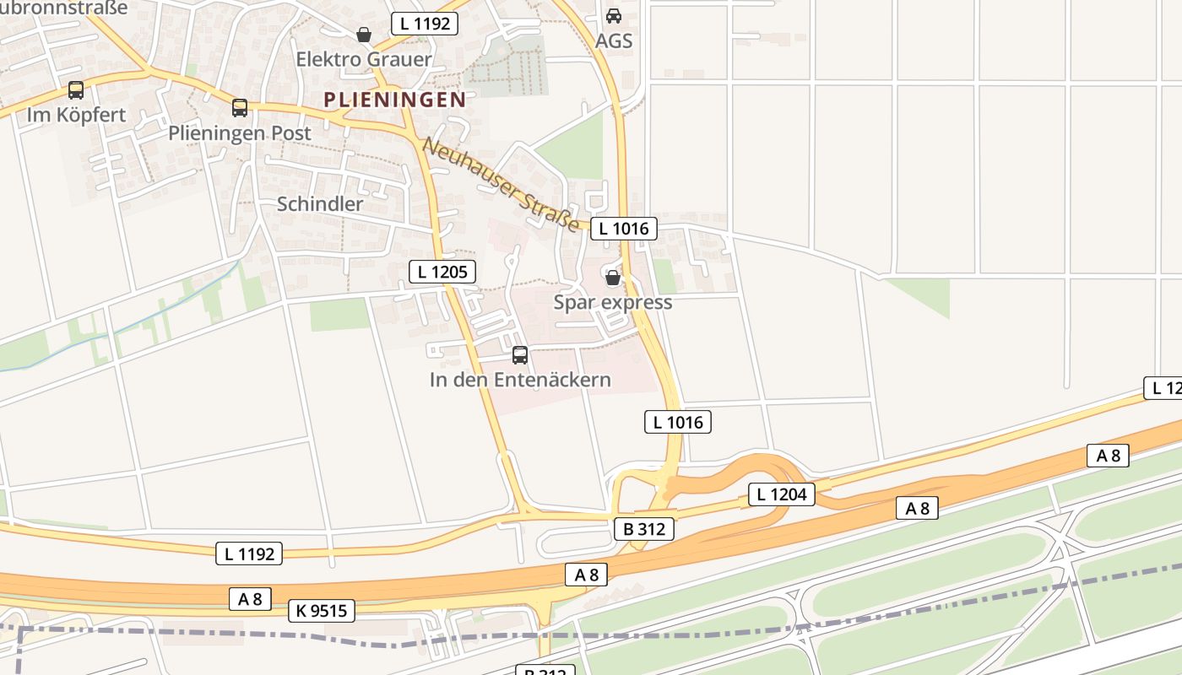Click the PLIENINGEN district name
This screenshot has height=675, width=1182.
tap(394, 100)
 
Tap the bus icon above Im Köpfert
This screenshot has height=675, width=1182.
tap(76, 90)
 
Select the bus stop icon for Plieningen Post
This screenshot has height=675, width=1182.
tap(240, 108)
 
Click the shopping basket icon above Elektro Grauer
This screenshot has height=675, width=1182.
tap(364, 35)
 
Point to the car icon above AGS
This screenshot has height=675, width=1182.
tap(614, 16)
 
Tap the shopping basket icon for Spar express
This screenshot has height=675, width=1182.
tap(613, 277)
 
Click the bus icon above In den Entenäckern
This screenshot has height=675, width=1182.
tap(520, 355)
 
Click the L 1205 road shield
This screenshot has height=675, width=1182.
tap(442, 272)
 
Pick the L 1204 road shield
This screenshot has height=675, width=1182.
tap(781, 494)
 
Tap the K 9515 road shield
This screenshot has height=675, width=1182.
tap(321, 611)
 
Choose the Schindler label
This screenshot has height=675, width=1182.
tap(320, 204)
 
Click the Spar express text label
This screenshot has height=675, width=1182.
tap(613, 302)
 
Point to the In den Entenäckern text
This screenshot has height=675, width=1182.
tap(520, 380)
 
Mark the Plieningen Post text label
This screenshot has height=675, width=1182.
tap(240, 133)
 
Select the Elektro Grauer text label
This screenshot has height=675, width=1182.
tap(364, 59)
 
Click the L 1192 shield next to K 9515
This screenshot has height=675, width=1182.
tap(249, 553)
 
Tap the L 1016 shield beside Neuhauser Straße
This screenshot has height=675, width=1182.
tap(623, 229)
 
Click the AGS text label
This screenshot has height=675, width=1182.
tap(614, 41)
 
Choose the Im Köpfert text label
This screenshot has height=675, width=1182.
tap(76, 115)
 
